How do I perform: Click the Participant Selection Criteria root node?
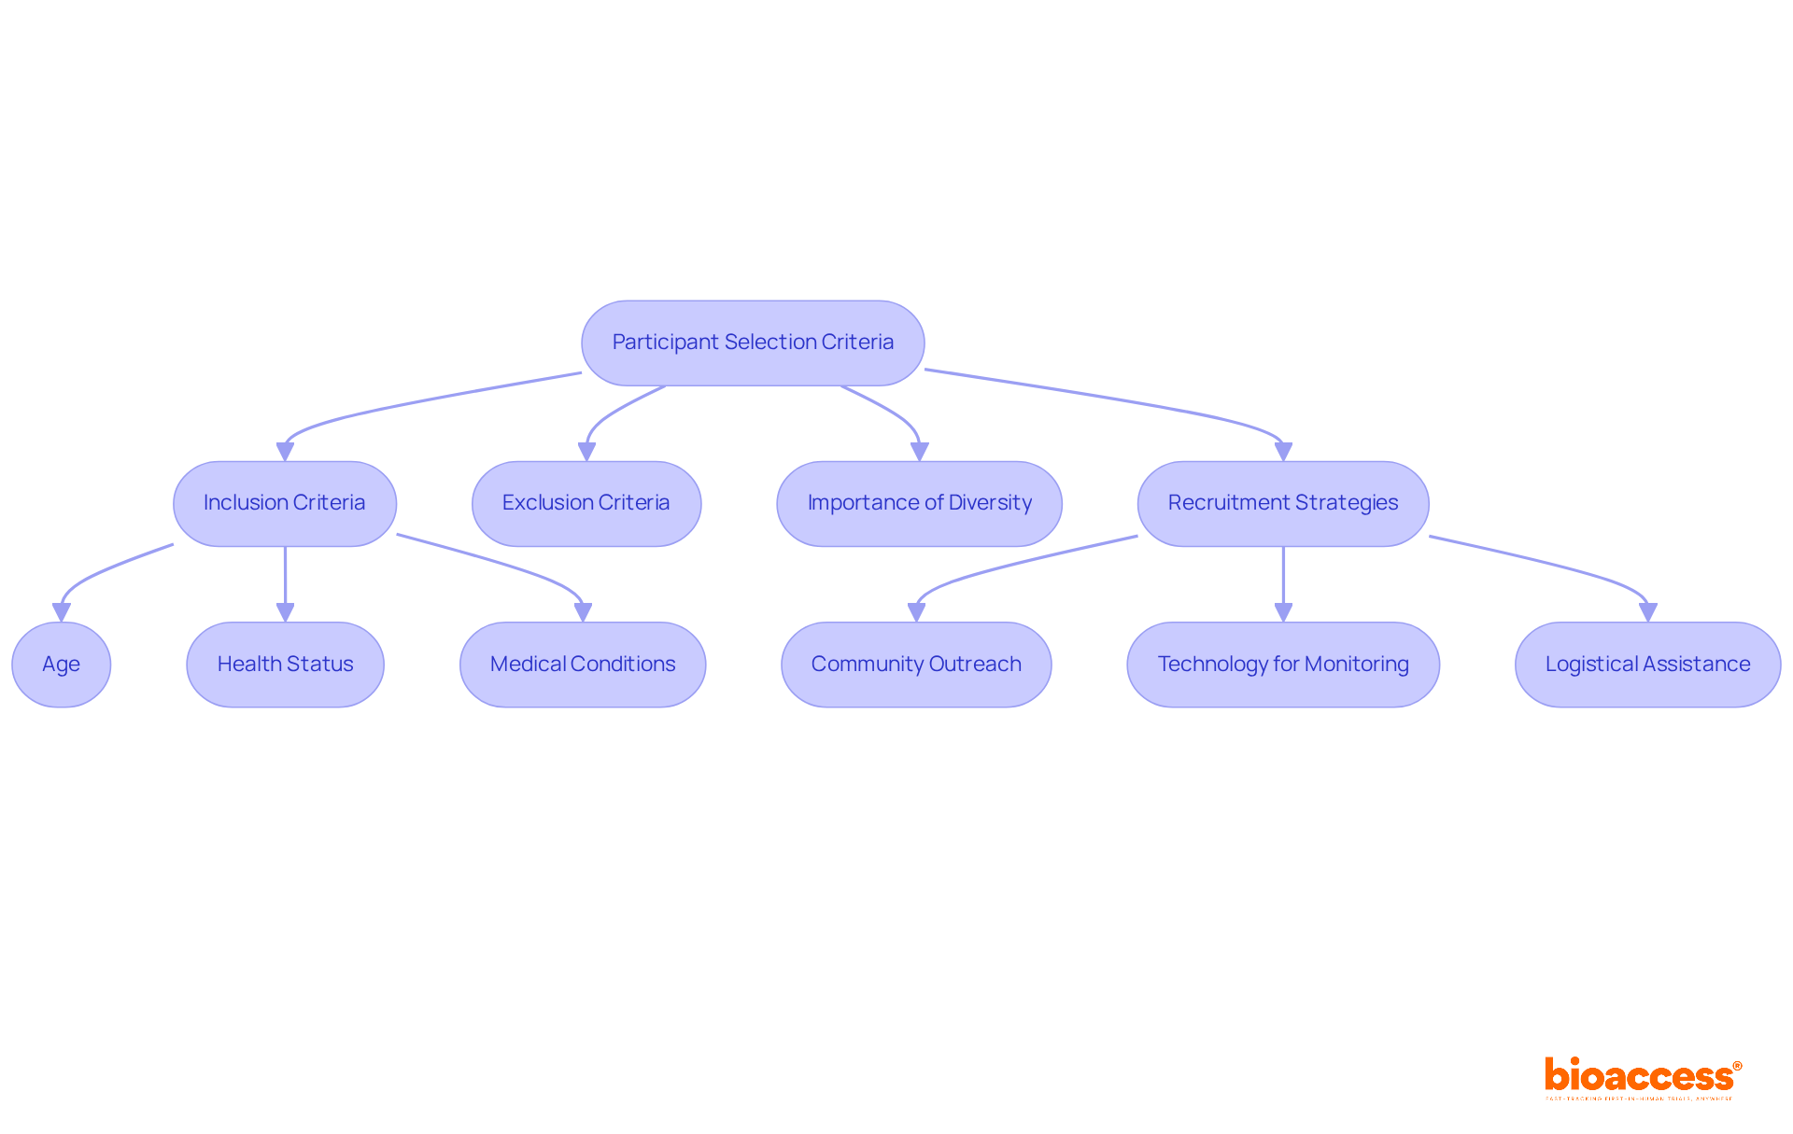pyautogui.click(x=753, y=343)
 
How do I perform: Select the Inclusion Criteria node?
pyautogui.click(x=285, y=503)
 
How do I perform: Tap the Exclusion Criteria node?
pyautogui.click(x=586, y=503)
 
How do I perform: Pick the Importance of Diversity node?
pyautogui.click(x=919, y=503)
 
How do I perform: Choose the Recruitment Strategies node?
pyautogui.click(x=1283, y=503)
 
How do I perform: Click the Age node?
pyautogui.click(x=62, y=665)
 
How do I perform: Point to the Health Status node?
pyautogui.click(x=285, y=665)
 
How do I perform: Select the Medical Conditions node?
pyautogui.click(x=583, y=665)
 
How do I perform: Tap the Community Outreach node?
pyautogui.click(x=916, y=665)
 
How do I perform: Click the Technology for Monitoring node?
pyautogui.click(x=1283, y=665)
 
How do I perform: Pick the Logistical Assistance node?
pyautogui.click(x=1647, y=665)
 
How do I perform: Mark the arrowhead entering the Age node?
pyautogui.click(x=62, y=612)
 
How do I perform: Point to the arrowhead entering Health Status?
pyautogui.click(x=285, y=612)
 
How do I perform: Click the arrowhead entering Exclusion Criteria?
pyautogui.click(x=586, y=452)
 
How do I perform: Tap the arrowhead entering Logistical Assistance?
pyautogui.click(x=1647, y=612)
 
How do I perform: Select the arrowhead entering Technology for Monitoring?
pyautogui.click(x=1283, y=612)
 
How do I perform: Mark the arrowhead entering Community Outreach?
pyautogui.click(x=916, y=612)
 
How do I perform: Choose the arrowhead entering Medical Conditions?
pyautogui.click(x=583, y=612)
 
